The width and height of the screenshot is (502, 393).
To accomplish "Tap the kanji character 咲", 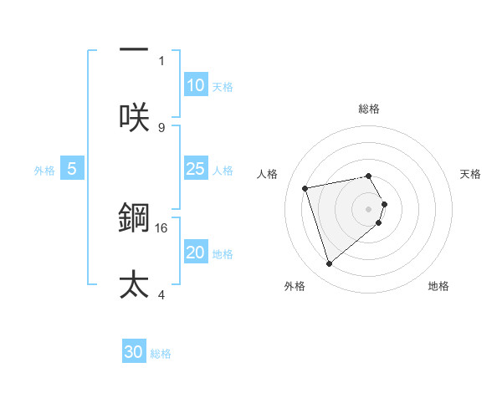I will pos(134,117).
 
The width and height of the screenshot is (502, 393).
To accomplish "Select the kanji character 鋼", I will pos(134,219).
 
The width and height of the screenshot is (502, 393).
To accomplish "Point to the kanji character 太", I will pos(134,284).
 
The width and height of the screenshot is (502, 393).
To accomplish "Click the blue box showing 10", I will pos(195,85).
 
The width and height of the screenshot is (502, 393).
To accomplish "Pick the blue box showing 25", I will pos(195,169).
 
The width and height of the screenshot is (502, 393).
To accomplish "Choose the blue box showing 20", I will pos(195,253).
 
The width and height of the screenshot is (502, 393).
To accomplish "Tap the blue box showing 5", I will pos(71,169).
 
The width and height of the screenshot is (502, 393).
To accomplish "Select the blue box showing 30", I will pos(134,352).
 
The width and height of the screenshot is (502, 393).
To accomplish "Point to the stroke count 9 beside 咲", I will pos(161,127).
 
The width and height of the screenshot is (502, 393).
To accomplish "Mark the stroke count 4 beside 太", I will pos(161,293).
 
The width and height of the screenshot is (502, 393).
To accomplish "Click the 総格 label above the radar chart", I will pos(369,109).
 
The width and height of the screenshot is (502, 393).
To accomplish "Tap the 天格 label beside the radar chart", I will pos(471,174).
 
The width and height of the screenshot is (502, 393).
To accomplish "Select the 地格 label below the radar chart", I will pos(438,286).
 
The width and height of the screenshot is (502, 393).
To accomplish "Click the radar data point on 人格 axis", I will pos(305,187).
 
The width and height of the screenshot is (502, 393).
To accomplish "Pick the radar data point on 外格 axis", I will pos(329,264).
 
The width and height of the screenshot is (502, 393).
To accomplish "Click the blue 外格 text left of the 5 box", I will pos(44,170).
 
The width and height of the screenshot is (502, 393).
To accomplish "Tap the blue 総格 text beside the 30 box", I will pos(161,354).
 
